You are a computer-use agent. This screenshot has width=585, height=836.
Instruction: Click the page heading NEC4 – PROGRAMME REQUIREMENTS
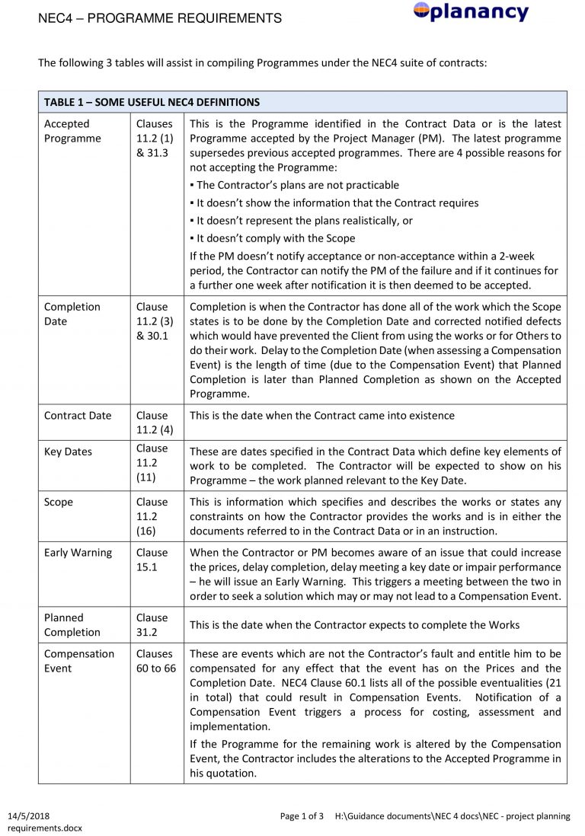pos(159,18)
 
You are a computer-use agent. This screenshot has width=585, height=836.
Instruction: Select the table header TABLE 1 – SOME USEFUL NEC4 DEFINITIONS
pos(152,102)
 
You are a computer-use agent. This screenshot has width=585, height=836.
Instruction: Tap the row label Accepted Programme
pos(72,131)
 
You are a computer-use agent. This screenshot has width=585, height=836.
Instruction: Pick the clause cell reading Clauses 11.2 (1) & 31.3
pos(155,139)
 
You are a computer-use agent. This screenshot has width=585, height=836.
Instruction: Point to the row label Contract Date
pos(78,416)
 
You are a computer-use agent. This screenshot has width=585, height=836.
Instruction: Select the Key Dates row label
pos(68,452)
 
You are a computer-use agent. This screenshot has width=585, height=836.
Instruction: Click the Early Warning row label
pos(78,553)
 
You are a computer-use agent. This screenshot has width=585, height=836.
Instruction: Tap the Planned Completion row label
pos(72,624)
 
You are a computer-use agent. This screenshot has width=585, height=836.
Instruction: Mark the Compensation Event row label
pos(79,661)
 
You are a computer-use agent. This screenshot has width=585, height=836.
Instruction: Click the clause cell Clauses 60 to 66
pos(155,661)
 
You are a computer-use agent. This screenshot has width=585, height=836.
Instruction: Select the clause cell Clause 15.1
pos(152,560)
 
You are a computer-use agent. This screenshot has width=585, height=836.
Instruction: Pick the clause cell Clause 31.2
pos(152,624)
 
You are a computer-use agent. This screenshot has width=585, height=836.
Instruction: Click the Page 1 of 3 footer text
pos(302,816)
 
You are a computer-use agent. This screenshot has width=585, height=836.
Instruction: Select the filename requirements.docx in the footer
pos(45,828)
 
